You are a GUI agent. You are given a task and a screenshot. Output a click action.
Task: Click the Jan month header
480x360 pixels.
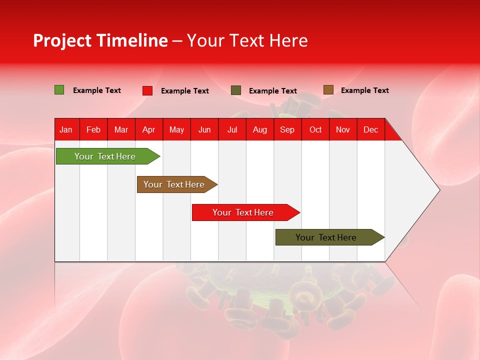coord(66,130)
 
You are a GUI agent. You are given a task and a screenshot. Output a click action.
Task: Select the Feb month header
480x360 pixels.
coord(93,130)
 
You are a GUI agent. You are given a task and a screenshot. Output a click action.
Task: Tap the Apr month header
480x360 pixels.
coord(149,130)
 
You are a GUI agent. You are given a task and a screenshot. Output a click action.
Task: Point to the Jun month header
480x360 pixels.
coord(204,130)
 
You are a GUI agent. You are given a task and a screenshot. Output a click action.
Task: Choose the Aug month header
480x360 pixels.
coord(260,130)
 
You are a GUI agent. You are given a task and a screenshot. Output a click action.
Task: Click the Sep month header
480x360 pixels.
coord(287,130)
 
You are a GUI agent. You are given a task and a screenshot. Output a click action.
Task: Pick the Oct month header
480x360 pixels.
coord(315,130)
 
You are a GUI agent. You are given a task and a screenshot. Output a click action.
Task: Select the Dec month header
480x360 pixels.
coord(371,130)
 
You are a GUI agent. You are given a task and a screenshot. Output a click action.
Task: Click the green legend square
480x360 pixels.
coord(59,90)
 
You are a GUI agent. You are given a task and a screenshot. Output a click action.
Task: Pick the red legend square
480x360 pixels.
coord(147,90)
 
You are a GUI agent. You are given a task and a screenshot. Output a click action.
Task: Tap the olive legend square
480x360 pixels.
coord(236,90)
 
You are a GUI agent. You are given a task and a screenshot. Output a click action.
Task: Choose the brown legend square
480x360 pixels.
coord(328,90)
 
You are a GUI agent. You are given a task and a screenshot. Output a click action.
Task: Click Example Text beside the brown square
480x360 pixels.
coord(364,90)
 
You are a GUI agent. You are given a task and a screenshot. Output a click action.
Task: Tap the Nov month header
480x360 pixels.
coord(343,130)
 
